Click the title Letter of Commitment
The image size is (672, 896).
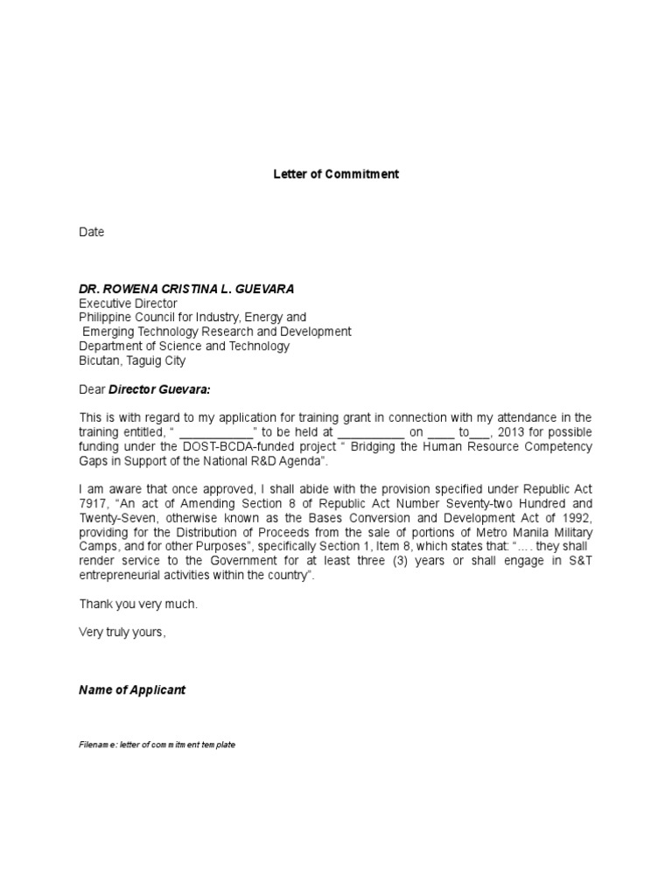coord(336,174)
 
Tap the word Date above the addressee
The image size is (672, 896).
coord(92,232)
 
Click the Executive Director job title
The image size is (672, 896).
coord(128,303)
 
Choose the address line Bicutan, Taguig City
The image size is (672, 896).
coord(132,360)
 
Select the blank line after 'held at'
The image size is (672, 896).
coord(370,432)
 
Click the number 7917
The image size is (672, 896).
coord(94,504)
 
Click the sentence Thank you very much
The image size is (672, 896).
coord(138,604)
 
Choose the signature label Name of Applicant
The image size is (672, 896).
coord(132,689)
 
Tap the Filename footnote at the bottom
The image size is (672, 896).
coord(157,745)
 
